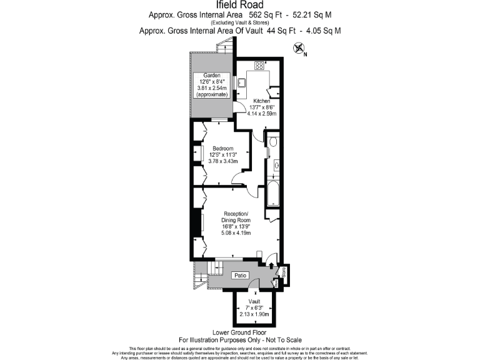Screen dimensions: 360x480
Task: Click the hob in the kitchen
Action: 259,66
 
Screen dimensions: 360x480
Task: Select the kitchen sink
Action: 241,82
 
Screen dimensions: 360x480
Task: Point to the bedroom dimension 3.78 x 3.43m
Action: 222,161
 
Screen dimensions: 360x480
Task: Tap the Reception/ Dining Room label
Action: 236,216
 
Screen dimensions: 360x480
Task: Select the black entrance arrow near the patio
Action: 270,266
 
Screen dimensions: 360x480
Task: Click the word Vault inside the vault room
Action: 254,301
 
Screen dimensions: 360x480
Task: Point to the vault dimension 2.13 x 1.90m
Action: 254,314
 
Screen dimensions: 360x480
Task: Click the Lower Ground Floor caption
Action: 239,332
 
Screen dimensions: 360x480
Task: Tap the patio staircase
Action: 201,272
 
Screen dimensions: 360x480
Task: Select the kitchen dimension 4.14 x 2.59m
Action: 261,113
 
